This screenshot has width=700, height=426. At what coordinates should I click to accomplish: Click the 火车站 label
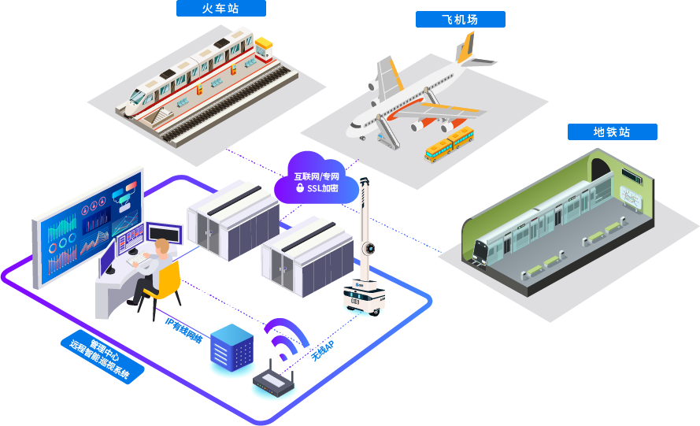pos(221,9)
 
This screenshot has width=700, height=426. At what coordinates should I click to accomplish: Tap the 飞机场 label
pos(460,20)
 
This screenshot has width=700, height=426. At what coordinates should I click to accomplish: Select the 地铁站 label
pos(612,132)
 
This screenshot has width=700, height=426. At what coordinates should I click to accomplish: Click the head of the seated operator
pos(162,246)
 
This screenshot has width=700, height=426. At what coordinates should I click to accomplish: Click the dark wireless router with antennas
pos(274,383)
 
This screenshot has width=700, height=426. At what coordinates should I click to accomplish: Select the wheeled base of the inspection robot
pos(361,300)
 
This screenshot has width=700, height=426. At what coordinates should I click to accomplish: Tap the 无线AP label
pos(322,350)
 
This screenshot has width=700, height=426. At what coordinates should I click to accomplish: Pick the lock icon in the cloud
pos(300,189)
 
